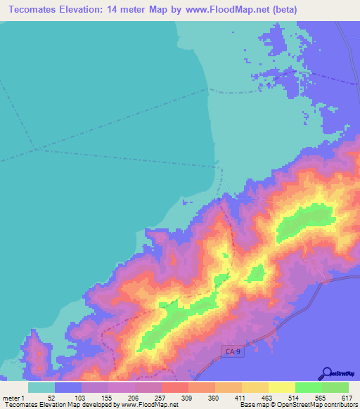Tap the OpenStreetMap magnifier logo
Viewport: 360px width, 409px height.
327,373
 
